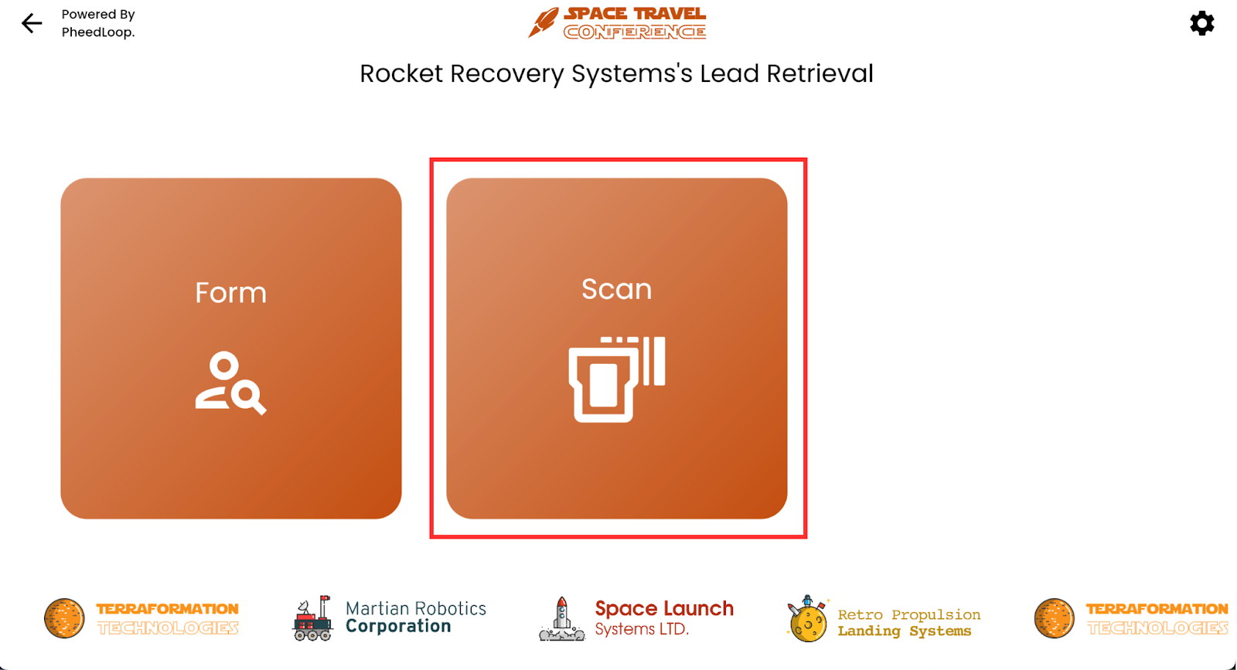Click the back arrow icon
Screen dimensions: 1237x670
point(32,23)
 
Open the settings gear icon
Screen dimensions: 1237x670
point(1201,23)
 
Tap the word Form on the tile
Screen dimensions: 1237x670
point(231,293)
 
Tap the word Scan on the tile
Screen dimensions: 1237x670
point(617,289)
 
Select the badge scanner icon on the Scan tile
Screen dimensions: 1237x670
point(617,379)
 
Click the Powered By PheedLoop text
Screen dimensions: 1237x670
point(98,23)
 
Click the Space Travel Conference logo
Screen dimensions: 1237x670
point(617,22)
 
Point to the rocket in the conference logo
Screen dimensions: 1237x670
point(544,22)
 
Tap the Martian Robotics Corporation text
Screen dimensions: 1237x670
point(416,617)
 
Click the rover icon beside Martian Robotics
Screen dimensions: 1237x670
point(312,618)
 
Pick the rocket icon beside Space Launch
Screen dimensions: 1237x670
point(561,619)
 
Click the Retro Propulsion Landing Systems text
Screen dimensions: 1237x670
point(909,623)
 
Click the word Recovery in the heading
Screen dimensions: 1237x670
point(507,74)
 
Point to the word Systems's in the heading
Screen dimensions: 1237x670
point(632,74)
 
